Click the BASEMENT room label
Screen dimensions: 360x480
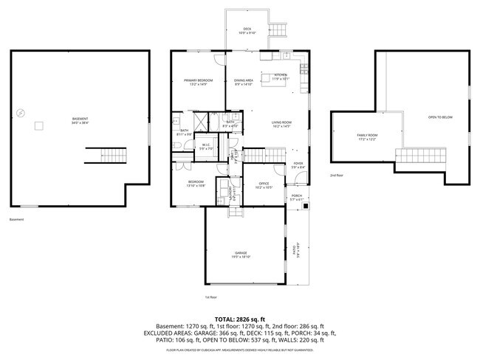80,120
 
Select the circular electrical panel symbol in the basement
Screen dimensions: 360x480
20,112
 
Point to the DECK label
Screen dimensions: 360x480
247,30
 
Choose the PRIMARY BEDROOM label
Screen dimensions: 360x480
198,81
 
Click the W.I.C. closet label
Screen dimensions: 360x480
206,147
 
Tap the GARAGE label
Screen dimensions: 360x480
241,255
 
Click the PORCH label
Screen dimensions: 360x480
296,197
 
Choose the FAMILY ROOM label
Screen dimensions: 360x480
367,136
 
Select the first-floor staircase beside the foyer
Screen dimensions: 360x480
264,155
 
